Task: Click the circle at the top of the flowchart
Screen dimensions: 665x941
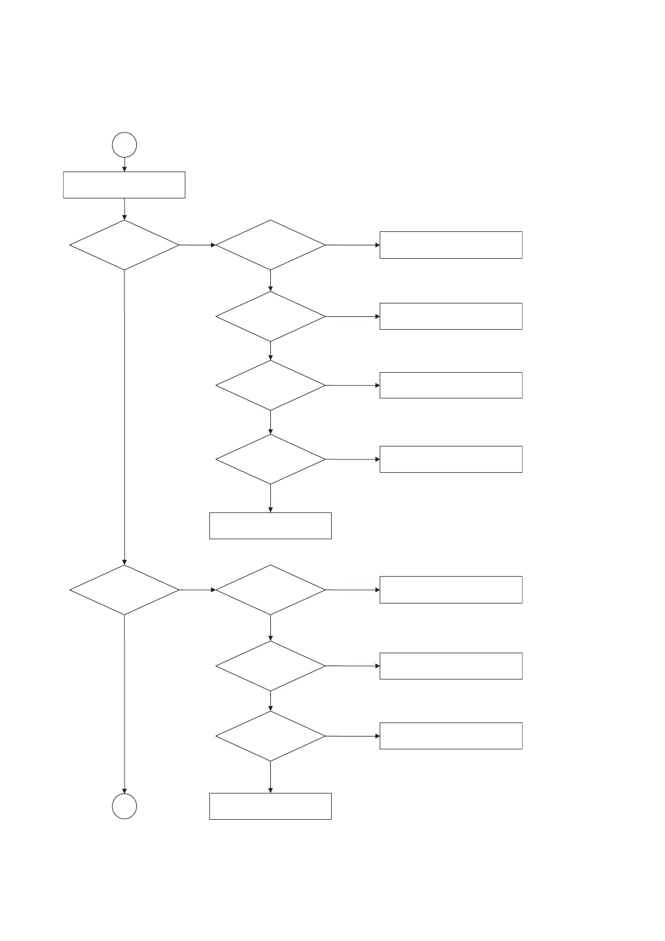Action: pos(124,145)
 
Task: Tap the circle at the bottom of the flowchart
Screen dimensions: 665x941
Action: pos(124,806)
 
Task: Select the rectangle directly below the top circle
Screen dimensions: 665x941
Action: pos(124,185)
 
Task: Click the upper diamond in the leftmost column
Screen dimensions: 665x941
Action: pos(124,245)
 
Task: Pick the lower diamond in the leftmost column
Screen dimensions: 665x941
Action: pos(124,590)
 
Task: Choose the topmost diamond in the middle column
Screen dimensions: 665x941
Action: pos(270,245)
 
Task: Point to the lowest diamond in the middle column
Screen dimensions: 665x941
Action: pos(270,736)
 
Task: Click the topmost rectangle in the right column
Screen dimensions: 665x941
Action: pos(451,245)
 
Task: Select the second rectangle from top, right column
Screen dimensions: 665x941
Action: pos(451,316)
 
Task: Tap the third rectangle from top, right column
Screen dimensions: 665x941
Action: pos(451,385)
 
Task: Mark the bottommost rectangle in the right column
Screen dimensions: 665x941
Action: pos(451,736)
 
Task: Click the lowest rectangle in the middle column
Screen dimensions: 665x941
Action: pos(270,806)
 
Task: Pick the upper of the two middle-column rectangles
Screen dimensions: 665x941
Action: pos(270,526)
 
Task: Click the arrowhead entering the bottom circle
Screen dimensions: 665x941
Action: pos(124,790)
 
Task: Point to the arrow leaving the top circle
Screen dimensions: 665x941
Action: pos(124,165)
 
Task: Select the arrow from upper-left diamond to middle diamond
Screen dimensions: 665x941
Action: pos(197,245)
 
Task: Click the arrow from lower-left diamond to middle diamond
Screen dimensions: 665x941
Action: pos(197,590)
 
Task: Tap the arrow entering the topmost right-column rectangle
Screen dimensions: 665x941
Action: pos(352,245)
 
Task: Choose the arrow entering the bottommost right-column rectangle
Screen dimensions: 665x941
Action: pos(352,736)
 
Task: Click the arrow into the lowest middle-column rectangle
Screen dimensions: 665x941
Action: pos(270,777)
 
